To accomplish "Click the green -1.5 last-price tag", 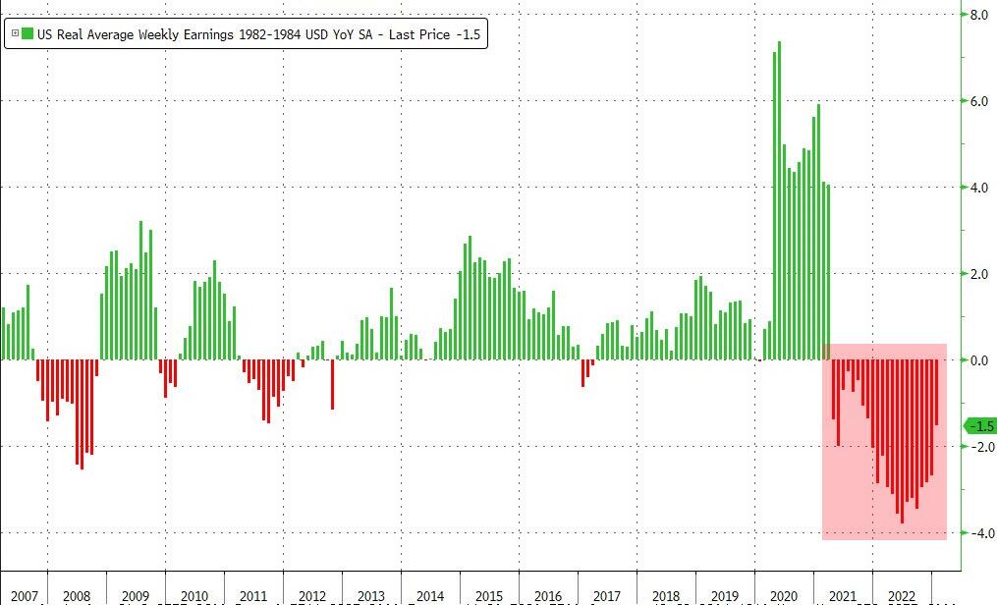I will [979, 426].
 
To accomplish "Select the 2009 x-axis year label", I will [136, 596].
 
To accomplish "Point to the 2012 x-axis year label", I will [312, 596].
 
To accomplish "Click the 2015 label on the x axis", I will [489, 596].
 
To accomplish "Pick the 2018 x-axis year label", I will [666, 596].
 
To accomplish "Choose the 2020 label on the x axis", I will [784, 596].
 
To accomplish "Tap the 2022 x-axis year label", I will [902, 596].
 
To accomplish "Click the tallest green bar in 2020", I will [779, 196].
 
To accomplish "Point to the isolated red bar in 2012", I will [332, 384].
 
